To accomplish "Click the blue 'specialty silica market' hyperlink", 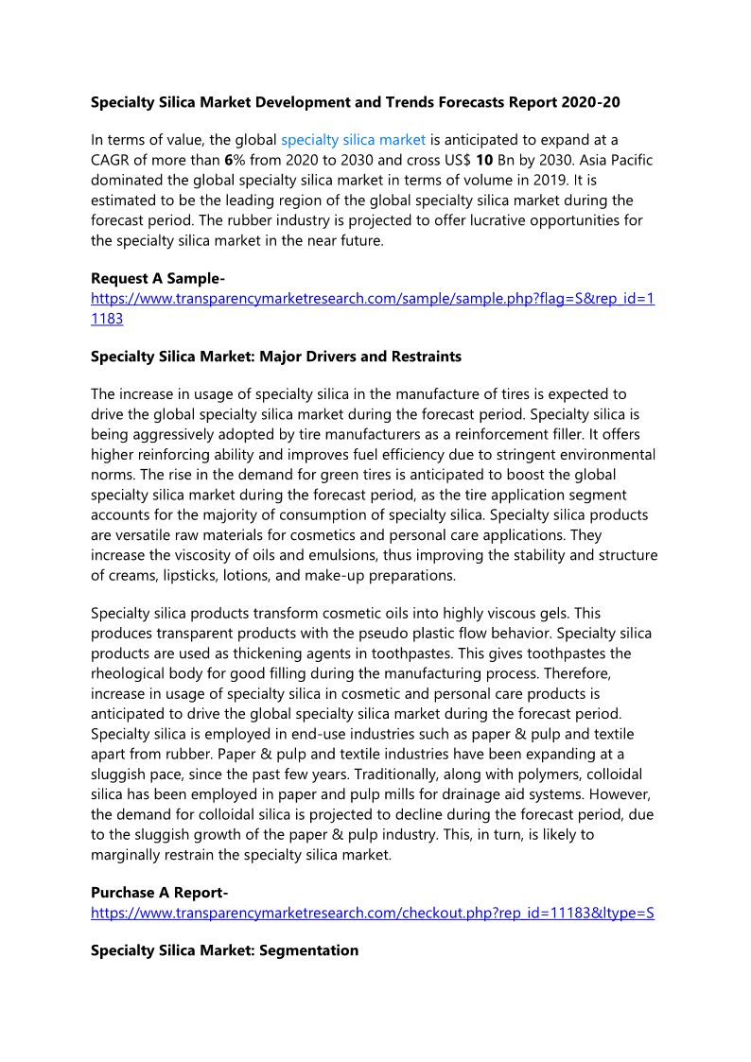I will click(353, 140).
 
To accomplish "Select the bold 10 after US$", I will click(483, 161).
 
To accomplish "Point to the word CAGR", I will click(112, 161).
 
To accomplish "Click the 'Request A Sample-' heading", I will click(157, 278).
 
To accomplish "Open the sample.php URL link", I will click(372, 299).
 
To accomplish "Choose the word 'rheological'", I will click(132, 673).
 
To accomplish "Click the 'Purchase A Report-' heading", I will click(159, 893).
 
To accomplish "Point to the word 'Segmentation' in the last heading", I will click(307, 950).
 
